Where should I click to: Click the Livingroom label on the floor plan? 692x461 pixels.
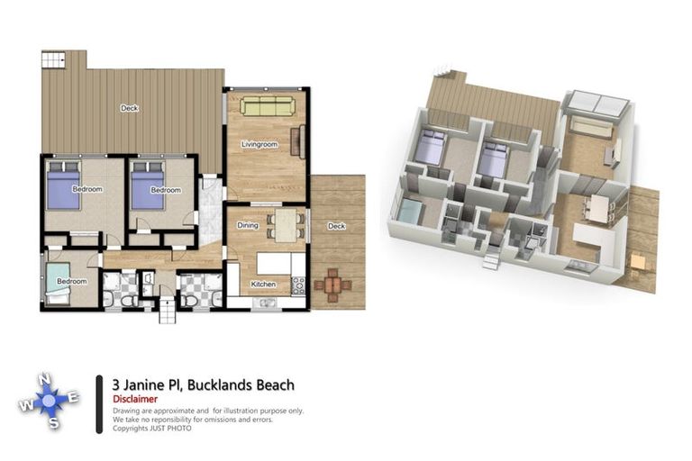(259, 144)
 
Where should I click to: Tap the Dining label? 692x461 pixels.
(248, 225)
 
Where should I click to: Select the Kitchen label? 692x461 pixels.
(263, 285)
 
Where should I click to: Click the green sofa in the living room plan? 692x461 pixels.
(267, 106)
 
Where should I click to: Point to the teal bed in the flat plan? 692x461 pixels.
(59, 280)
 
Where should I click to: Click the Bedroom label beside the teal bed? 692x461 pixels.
(71, 282)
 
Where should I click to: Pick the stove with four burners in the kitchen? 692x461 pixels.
(298, 285)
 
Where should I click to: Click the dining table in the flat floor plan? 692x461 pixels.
(287, 225)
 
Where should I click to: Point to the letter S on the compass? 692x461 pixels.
(54, 423)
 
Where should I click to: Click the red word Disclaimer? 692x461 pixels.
(135, 399)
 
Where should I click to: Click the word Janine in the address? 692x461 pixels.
(146, 385)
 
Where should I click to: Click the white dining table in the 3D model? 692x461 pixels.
(596, 208)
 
